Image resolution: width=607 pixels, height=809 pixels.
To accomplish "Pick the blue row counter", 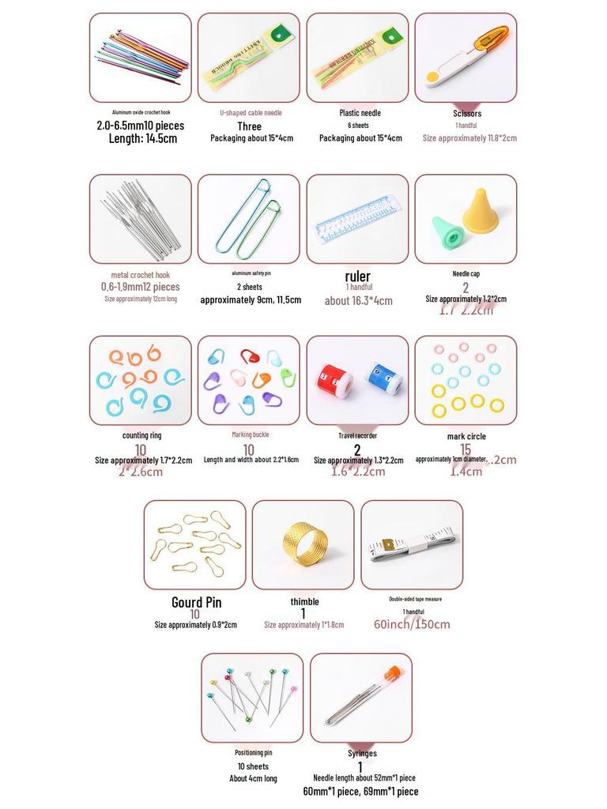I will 384,378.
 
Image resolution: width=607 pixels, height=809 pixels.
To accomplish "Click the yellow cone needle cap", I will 481,210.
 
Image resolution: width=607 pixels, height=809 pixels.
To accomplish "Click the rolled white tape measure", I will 411,544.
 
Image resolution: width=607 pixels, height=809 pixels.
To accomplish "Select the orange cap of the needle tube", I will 392,674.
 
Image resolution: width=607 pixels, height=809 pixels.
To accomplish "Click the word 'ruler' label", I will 357,277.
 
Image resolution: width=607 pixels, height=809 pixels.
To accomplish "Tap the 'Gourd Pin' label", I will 196,603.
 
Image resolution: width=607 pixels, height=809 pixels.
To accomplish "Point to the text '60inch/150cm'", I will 412,624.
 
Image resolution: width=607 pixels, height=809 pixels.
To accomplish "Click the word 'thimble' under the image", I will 304,602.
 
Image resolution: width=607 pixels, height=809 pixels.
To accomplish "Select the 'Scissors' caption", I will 467,114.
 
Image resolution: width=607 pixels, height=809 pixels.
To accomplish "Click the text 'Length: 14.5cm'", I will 142,138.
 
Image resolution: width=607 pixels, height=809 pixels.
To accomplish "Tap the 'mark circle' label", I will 466,436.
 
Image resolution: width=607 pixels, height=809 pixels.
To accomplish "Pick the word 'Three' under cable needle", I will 249,126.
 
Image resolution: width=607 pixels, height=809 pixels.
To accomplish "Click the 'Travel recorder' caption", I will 357,435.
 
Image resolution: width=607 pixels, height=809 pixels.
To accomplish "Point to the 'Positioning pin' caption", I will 253,753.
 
